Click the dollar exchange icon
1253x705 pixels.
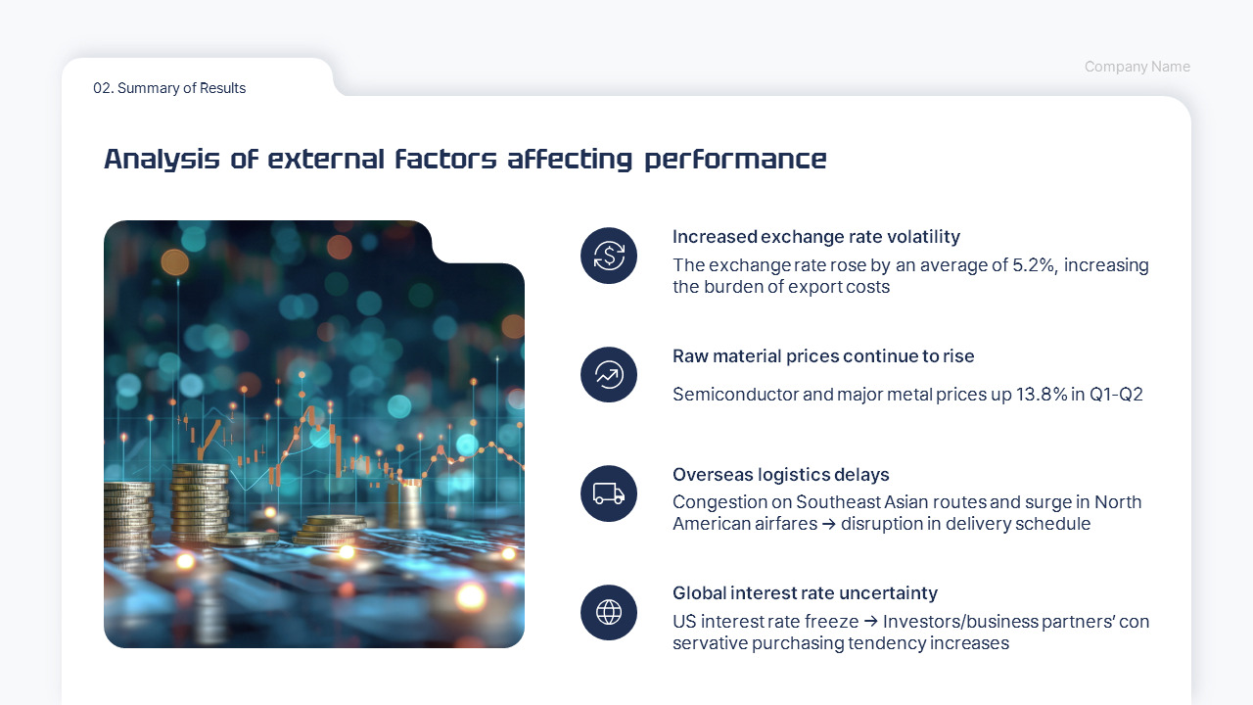coord(609,256)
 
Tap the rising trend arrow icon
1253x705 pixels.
coord(609,374)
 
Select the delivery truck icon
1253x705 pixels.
coord(609,493)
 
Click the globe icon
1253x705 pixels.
coord(609,613)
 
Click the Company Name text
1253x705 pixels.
coord(1137,67)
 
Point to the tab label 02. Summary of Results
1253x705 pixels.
coord(169,88)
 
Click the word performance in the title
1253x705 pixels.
coord(735,160)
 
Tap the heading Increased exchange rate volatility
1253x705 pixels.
coord(815,237)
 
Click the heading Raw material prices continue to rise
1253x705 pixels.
coord(823,356)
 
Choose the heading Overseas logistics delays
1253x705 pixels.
coord(780,475)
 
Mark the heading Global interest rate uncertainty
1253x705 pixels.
coord(805,593)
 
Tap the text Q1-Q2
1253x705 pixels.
coord(1116,395)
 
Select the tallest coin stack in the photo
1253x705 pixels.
coord(200,501)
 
